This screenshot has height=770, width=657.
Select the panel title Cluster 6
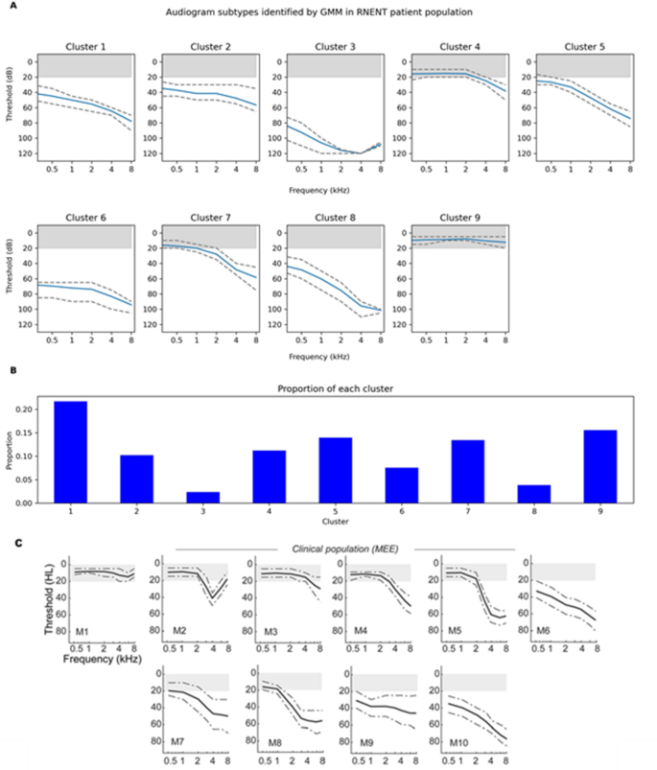[87, 218]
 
